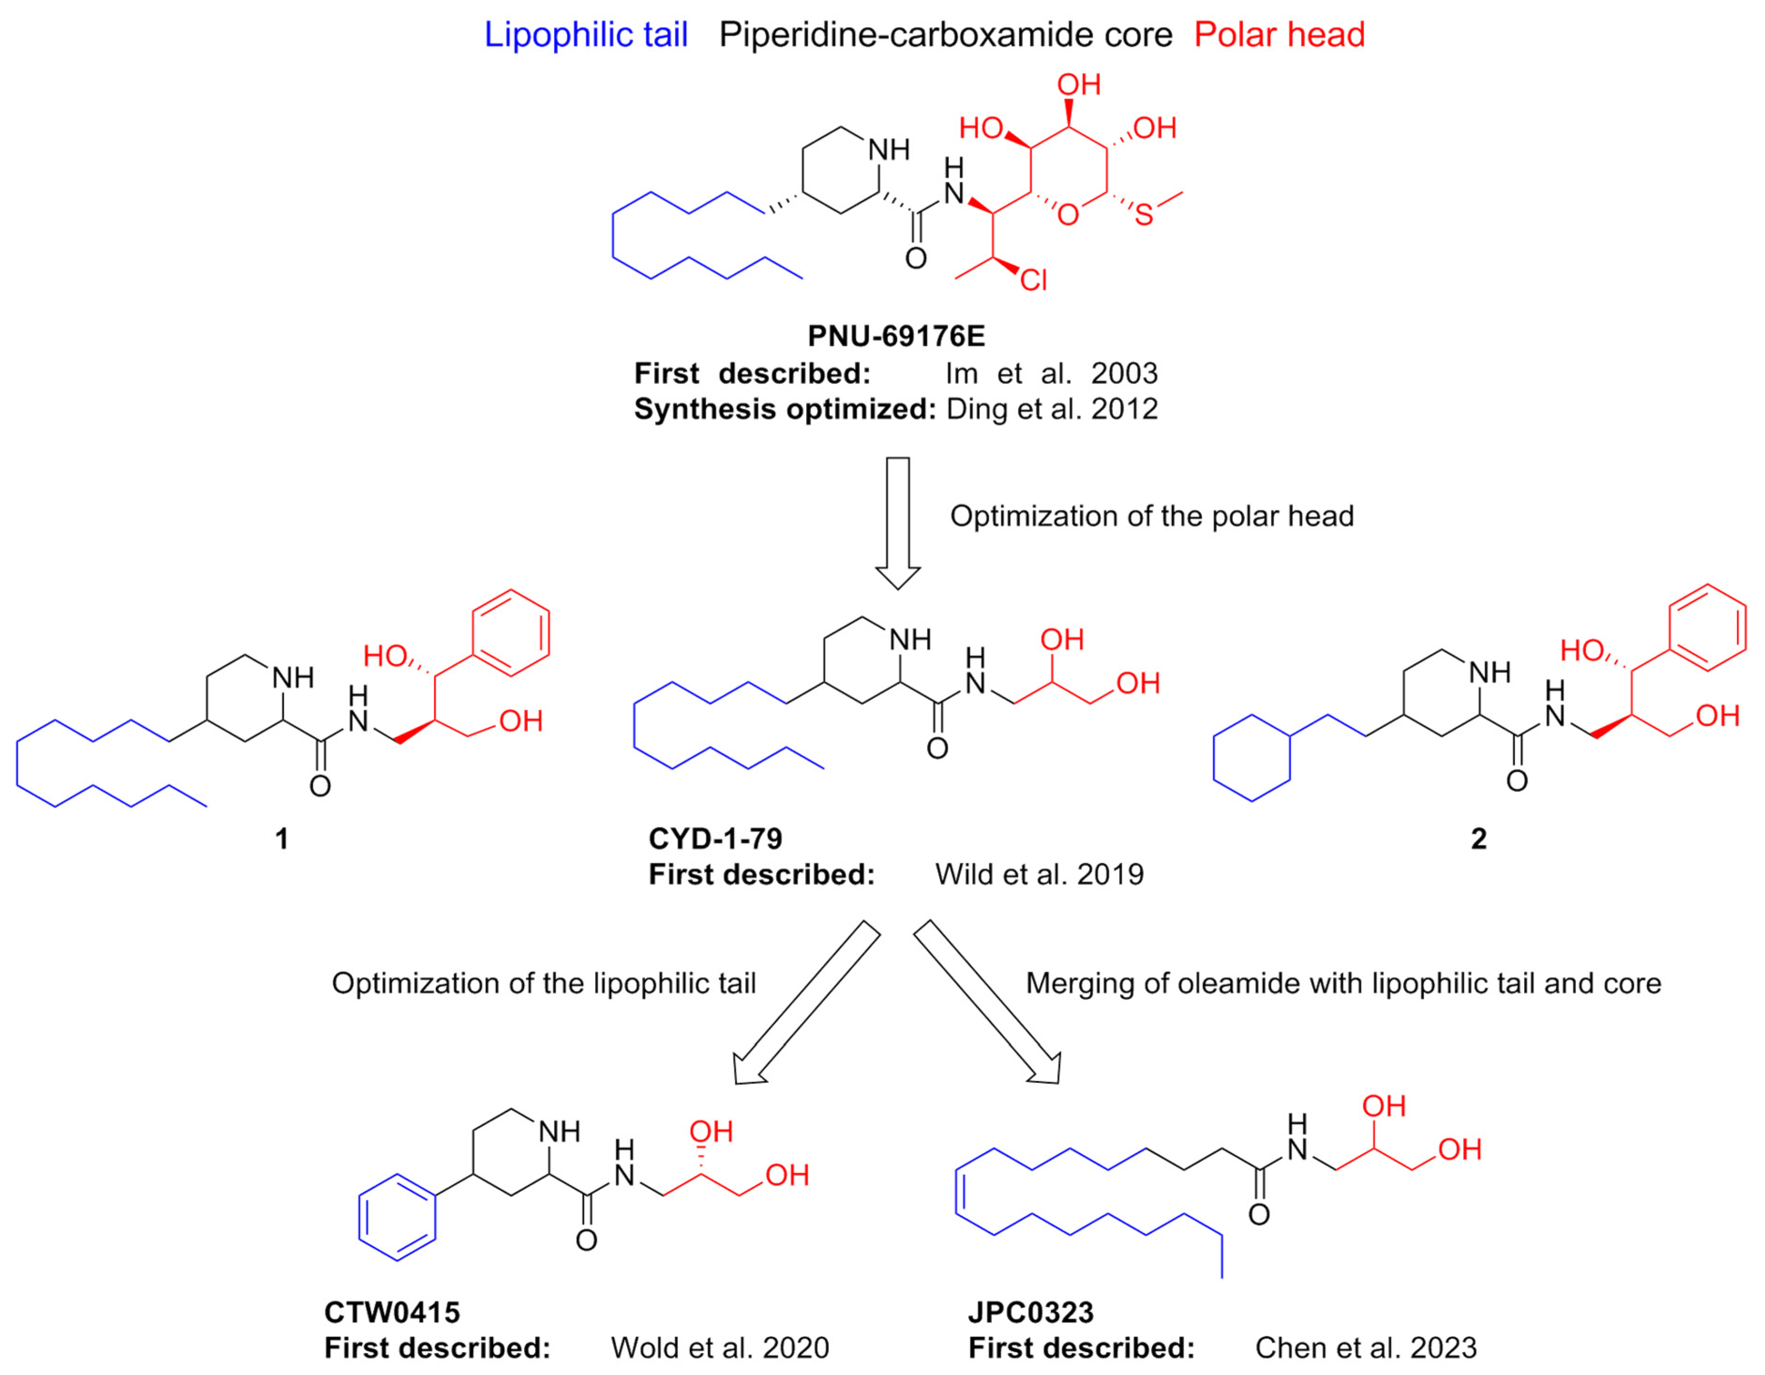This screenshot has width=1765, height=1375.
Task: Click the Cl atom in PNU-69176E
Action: click(x=1033, y=280)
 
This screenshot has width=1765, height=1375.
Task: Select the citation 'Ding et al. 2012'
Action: click(x=1051, y=409)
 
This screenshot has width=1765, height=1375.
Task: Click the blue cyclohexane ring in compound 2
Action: click(x=1252, y=758)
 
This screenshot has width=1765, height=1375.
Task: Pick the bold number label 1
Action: click(x=281, y=839)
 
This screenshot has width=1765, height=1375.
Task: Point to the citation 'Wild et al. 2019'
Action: click(x=1040, y=875)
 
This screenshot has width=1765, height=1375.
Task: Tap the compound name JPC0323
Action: click(x=1031, y=1312)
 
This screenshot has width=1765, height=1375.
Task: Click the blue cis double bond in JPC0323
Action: click(x=957, y=1192)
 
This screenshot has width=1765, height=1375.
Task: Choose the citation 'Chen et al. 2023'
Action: click(x=1366, y=1348)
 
